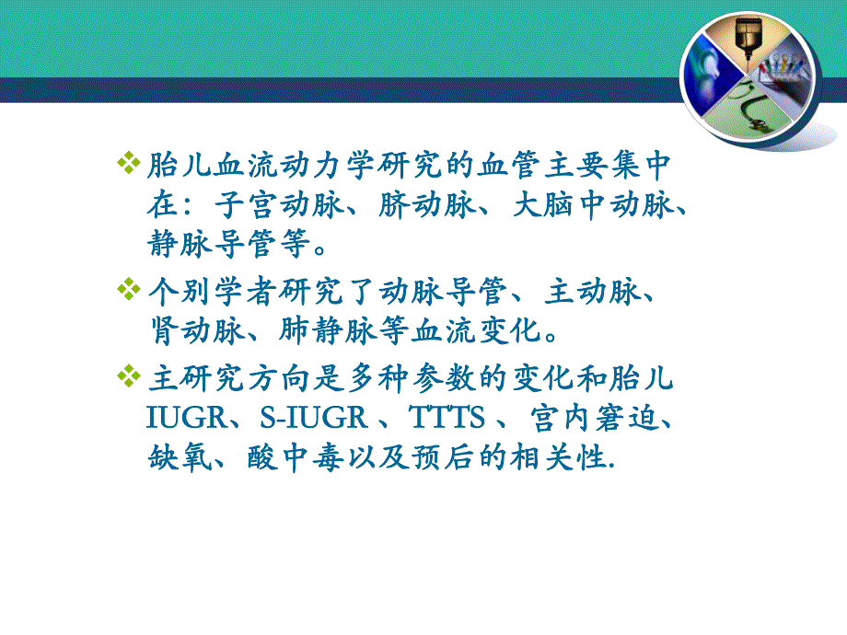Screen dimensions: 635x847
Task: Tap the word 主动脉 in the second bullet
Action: point(589,292)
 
